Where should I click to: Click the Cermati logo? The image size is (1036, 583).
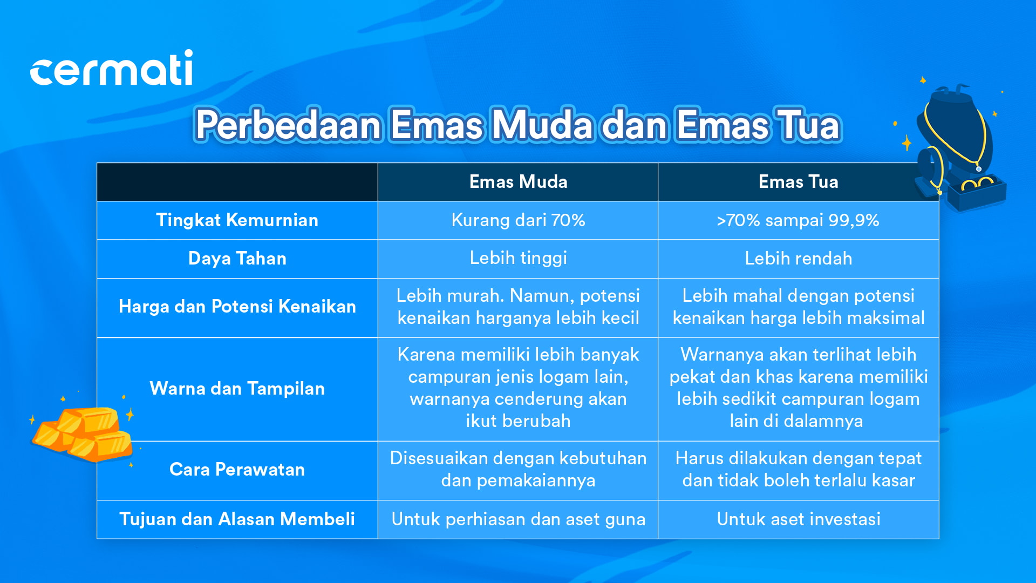click(111, 68)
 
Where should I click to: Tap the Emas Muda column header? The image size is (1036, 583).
click(518, 182)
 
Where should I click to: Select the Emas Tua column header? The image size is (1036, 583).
click(798, 182)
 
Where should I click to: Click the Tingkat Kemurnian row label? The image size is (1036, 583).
click(237, 220)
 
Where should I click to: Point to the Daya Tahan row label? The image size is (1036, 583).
click(237, 259)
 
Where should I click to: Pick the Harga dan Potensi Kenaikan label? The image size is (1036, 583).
click(237, 307)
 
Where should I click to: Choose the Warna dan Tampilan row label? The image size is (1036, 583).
click(237, 389)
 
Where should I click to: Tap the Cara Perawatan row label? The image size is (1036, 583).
click(237, 470)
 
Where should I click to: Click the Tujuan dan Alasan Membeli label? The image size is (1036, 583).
click(237, 519)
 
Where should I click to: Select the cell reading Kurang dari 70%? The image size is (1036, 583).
click(518, 220)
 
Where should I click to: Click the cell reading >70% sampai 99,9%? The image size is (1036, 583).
click(798, 220)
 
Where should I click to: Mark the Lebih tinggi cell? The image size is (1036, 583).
click(518, 259)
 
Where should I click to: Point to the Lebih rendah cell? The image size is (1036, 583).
click(798, 259)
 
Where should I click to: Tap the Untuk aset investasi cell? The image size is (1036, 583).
click(798, 519)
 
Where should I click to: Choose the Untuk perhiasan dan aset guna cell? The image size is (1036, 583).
click(518, 519)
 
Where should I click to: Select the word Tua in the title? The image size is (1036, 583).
click(807, 125)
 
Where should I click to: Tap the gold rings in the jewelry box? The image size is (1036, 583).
click(977, 185)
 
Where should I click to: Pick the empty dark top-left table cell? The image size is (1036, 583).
click(237, 182)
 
